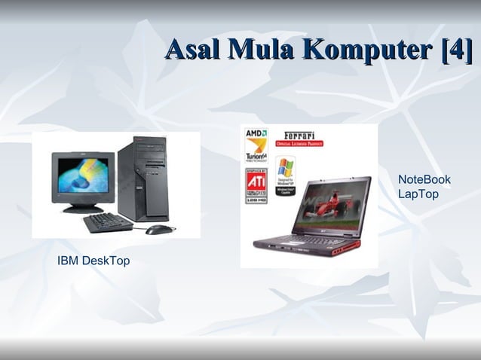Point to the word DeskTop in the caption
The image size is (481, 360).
coord(106,261)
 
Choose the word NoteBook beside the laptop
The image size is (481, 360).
coord(424,179)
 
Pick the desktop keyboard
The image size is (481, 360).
coord(107,222)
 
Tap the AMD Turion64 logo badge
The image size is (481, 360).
coord(256,145)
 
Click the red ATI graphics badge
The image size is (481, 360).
coord(256,185)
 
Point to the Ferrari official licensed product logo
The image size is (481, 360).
coord(299,139)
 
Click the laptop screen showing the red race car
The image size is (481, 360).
coord(332,203)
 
